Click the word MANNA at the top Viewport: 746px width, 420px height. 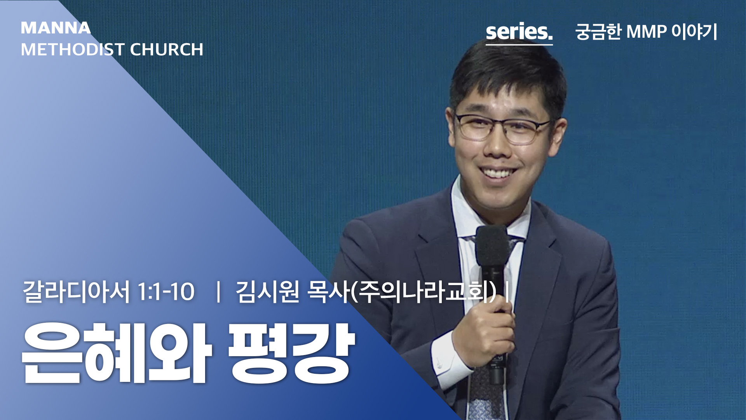click(56, 28)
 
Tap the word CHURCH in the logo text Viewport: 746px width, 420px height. click(166, 49)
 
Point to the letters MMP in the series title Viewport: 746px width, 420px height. click(647, 31)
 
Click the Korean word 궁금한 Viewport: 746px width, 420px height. click(598, 31)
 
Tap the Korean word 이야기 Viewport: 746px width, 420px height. click(694, 31)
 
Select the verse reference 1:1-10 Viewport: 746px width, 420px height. click(166, 292)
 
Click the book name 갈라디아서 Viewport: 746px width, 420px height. click(76, 292)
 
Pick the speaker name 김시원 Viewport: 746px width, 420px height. click(267, 292)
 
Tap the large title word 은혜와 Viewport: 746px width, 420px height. click(117, 353)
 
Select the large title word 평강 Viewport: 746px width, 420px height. click(291, 353)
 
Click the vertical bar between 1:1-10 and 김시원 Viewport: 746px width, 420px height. click(218, 292)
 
